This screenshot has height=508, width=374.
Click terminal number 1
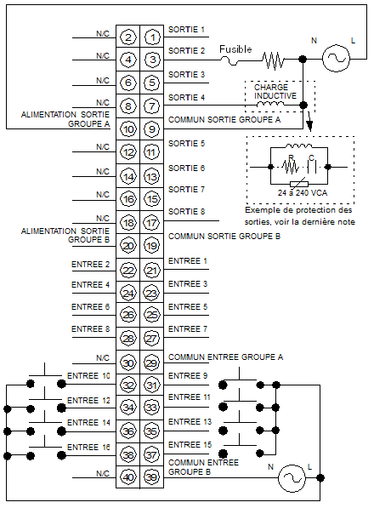click(x=152, y=37)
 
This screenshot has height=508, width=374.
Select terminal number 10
click(x=128, y=129)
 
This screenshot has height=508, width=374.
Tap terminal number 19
click(x=152, y=246)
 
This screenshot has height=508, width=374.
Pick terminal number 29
click(x=152, y=362)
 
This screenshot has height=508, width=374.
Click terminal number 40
click(x=128, y=477)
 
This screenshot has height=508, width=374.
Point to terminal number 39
click(x=152, y=477)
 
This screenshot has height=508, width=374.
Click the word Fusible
click(x=235, y=49)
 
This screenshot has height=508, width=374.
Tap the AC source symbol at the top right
click(x=336, y=59)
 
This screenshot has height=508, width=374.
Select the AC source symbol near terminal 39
click(x=292, y=478)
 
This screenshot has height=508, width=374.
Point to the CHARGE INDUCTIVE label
click(x=275, y=91)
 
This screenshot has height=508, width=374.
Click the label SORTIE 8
click(x=187, y=212)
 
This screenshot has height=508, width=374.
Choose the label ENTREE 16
click(x=88, y=447)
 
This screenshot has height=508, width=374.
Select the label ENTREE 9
click(x=188, y=376)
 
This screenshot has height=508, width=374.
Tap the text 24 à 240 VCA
click(x=303, y=193)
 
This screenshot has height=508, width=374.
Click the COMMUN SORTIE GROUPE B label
click(x=224, y=237)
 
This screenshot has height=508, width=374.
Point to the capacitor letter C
click(x=311, y=157)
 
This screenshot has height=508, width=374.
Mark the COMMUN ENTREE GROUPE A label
click(x=225, y=357)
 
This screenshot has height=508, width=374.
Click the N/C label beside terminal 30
click(x=103, y=358)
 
